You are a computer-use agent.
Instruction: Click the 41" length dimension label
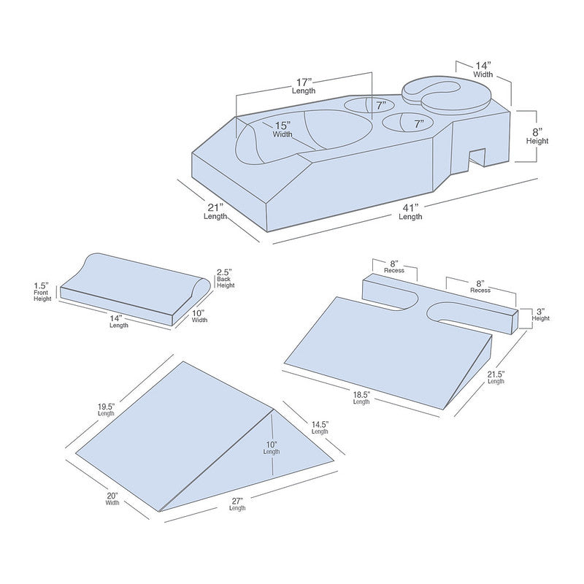point(410,212)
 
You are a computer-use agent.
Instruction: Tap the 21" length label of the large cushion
point(215,212)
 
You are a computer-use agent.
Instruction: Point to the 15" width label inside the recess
point(283,129)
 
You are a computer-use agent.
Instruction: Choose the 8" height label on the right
point(537,135)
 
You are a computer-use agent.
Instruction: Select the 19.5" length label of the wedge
point(107,408)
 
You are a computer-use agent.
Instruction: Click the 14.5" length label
point(320,426)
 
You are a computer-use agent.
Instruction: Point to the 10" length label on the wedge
point(272,446)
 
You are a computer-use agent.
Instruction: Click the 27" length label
point(237,503)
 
